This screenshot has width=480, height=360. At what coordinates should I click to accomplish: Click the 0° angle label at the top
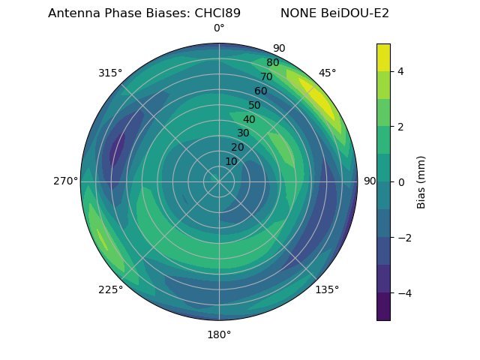coord(219,28)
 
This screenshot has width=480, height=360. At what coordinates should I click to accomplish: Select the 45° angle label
coord(327,73)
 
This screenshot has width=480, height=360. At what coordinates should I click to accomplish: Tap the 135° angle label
coord(327,289)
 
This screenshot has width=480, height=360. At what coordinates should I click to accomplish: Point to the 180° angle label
coord(219,334)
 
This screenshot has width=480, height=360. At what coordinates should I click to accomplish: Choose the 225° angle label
coord(110,289)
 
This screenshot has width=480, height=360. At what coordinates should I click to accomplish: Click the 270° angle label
coord(65,181)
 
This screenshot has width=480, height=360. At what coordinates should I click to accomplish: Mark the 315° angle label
coord(110,73)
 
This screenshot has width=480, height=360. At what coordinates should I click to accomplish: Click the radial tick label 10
coord(232,161)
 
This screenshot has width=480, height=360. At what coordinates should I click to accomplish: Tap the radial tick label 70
coord(266,76)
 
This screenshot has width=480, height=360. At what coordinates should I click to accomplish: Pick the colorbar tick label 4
coord(401,71)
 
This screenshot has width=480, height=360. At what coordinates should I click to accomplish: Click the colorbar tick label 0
coord(401,181)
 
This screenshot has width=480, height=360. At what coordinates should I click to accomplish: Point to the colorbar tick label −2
coord(405,238)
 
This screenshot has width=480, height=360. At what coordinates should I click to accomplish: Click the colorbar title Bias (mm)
coord(421,182)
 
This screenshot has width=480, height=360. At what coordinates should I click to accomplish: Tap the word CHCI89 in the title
coord(220,13)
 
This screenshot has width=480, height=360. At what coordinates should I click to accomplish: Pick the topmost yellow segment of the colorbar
coord(383,57)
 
